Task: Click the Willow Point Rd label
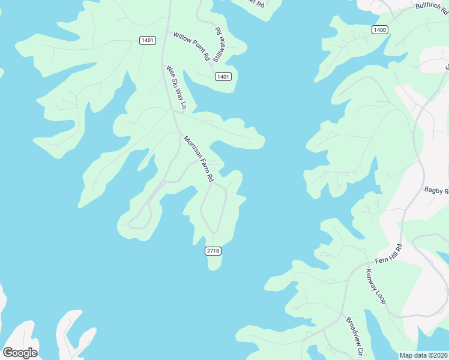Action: [x=191, y=46]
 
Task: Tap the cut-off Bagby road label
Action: [x=436, y=191]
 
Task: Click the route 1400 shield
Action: [x=380, y=30]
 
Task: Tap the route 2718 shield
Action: [x=213, y=251]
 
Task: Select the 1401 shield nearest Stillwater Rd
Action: [x=223, y=77]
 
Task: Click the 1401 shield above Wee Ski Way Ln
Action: [x=147, y=40]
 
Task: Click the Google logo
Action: [x=20, y=352]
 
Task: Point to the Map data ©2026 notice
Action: [x=423, y=355]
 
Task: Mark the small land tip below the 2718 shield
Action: [x=214, y=264]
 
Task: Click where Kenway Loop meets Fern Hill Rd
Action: [x=367, y=264]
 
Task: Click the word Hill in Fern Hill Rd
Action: [x=391, y=253]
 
